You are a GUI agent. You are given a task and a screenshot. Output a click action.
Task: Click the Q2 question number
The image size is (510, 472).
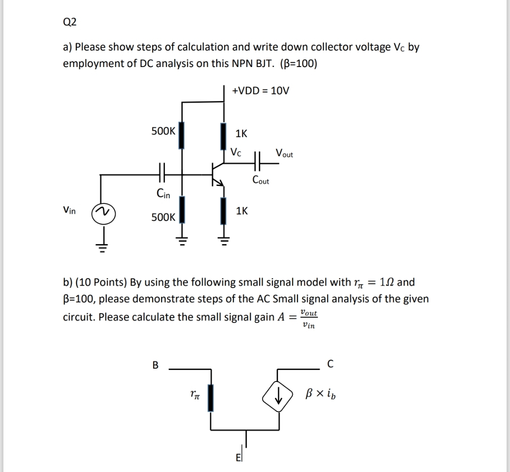click(69, 22)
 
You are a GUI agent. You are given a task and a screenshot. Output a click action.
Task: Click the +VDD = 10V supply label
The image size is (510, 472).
click(260, 90)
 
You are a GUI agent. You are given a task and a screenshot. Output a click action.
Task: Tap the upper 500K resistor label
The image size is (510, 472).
click(163, 132)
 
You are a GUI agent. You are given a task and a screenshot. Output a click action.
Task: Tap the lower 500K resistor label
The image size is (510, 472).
click(163, 218)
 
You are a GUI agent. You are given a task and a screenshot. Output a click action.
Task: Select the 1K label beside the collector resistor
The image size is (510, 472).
click(241, 134)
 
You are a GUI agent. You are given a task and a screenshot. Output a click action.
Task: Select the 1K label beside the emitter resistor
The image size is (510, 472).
click(242, 211)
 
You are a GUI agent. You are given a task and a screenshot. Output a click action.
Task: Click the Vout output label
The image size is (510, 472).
click(284, 153)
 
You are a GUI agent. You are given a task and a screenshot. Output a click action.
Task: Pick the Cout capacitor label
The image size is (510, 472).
click(261, 180)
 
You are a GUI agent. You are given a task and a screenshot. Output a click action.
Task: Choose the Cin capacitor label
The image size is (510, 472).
click(163, 193)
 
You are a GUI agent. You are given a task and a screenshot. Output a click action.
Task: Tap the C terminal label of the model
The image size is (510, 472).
click(330, 364)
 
